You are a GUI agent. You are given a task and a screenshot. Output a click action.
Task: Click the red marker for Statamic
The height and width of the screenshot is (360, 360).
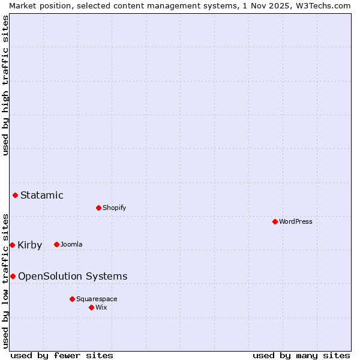(15, 195)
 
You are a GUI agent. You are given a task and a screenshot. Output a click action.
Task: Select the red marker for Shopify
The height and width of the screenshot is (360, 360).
(98, 208)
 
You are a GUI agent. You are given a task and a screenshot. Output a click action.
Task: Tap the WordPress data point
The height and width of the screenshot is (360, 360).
(275, 221)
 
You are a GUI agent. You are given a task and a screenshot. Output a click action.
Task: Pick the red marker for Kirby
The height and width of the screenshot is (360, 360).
(12, 245)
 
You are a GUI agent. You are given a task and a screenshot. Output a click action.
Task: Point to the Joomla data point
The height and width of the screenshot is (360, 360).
(56, 244)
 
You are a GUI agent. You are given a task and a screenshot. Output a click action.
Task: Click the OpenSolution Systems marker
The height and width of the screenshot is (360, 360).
(13, 276)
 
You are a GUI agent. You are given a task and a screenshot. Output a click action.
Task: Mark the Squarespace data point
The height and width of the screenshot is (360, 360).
(72, 299)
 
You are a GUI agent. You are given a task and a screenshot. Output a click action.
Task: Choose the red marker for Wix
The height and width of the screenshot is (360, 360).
(91, 307)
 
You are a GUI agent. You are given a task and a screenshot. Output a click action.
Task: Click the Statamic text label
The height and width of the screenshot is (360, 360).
(41, 195)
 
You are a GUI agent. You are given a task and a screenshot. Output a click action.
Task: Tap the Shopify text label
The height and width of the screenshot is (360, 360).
(114, 208)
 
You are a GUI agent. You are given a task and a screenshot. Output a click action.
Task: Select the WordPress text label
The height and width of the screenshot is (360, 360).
(295, 221)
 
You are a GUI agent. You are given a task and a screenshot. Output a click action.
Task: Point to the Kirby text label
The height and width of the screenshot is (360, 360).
(29, 245)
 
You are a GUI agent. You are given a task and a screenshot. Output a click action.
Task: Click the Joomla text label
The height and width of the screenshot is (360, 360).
(71, 244)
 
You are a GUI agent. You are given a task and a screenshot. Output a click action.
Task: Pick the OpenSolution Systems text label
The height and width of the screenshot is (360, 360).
(73, 276)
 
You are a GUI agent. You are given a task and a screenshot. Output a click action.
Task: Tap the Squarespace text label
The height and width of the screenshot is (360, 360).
(97, 299)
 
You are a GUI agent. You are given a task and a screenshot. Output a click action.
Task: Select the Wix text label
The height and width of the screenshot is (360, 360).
(101, 307)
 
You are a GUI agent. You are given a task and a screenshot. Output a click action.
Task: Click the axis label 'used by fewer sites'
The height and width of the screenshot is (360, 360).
(62, 355)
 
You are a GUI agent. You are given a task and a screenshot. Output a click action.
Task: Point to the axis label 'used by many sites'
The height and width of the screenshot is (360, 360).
(301, 355)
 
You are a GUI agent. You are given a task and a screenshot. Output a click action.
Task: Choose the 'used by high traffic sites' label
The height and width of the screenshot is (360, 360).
(5, 86)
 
